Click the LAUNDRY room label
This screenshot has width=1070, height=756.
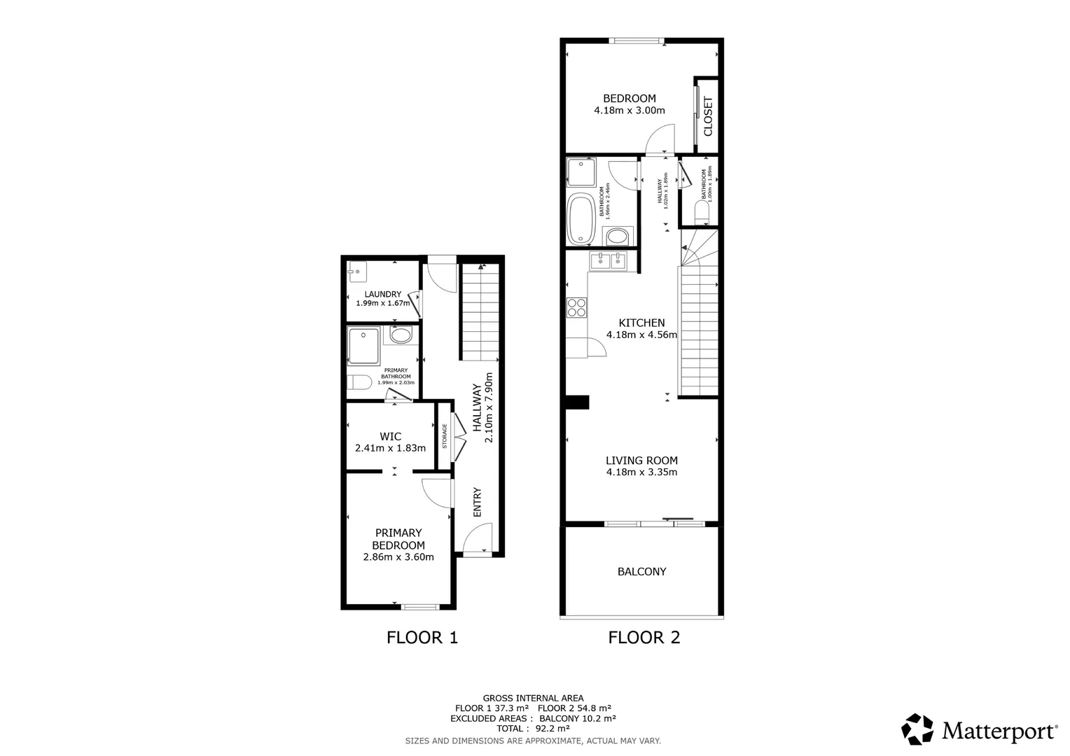pos(382,294)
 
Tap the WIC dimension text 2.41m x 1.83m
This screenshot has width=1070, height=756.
pos(390,448)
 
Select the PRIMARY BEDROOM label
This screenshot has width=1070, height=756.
pos(398,539)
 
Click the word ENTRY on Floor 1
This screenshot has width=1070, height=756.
pos(478,502)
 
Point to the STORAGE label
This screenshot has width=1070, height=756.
pos(445,436)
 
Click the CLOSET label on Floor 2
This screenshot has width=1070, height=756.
pos(707,116)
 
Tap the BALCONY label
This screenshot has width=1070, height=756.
pos(641,572)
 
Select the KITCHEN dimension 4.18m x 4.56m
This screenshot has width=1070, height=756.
pos(641,335)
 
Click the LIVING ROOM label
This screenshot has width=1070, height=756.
pos(641,461)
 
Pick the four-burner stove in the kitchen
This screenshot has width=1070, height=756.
pos(577,307)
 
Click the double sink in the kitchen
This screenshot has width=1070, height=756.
pos(608,262)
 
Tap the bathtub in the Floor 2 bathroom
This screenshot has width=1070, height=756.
pos(580,219)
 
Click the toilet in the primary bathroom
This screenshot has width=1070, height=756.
pos(359,383)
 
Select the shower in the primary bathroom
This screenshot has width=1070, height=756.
pos(364,346)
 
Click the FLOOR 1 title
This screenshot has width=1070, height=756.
pos(422,638)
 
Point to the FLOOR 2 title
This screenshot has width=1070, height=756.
pos(644,638)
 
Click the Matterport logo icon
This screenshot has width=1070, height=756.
pos(917,729)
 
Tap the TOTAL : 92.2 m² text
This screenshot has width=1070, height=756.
pos(533,729)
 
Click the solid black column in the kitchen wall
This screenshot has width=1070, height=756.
pos(578,402)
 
